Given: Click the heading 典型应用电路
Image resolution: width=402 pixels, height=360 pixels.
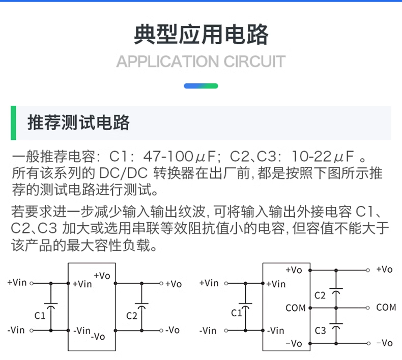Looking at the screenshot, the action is (x=201, y=35).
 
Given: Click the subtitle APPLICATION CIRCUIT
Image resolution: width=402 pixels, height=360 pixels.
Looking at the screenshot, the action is (x=200, y=62).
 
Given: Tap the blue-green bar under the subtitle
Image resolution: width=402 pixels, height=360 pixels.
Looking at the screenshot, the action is (x=201, y=86).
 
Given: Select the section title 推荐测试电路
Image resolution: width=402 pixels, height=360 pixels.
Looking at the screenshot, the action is (x=78, y=123).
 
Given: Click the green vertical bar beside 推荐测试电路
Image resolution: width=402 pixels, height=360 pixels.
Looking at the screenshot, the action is (x=13, y=123).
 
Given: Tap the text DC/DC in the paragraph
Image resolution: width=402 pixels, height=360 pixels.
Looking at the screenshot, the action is (x=123, y=173).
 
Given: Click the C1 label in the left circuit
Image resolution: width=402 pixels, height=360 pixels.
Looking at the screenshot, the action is (x=40, y=316).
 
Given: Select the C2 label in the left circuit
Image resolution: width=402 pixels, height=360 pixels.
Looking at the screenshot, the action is (x=132, y=316).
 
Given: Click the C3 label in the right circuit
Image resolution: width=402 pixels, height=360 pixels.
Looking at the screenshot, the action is (x=320, y=331).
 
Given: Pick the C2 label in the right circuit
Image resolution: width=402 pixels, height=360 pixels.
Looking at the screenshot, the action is (x=320, y=295).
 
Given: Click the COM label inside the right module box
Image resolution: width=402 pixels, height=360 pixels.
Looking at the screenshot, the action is (x=296, y=308).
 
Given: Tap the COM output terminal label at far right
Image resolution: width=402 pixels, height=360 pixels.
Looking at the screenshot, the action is (x=386, y=307).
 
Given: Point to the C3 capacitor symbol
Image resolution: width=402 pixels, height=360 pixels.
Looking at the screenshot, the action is (x=336, y=326).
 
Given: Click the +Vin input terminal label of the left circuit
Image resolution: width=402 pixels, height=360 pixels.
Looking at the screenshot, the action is (x=17, y=282).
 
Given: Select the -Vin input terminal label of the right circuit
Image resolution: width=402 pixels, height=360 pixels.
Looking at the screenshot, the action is (x=208, y=331).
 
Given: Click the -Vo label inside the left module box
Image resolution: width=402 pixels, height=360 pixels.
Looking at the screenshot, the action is (x=98, y=336).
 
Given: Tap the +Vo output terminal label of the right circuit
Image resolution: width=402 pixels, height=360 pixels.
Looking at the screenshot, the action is (x=384, y=269).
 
